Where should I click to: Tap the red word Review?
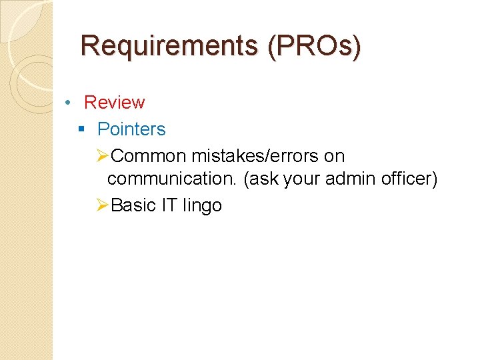(114, 103)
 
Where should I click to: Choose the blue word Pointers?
(131, 129)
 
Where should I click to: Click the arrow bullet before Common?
(102, 156)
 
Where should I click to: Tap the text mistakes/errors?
(255, 156)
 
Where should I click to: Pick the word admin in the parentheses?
(350, 179)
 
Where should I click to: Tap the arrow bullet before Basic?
(102, 205)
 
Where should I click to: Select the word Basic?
(134, 205)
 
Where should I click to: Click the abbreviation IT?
(169, 205)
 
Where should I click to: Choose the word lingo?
(202, 205)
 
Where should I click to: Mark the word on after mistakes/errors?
(334, 156)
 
